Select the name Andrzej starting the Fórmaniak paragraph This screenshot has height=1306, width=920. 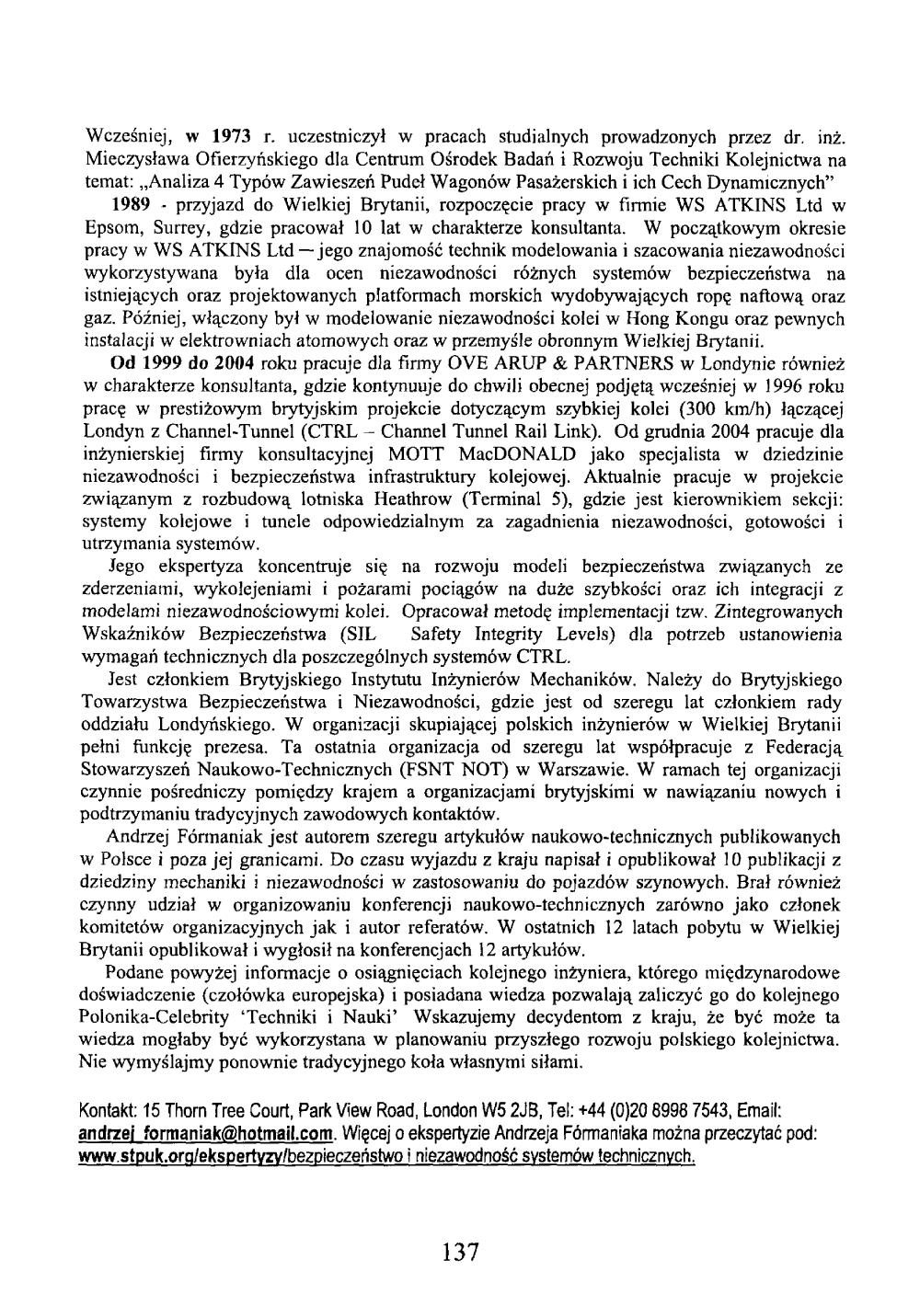[136, 836]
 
